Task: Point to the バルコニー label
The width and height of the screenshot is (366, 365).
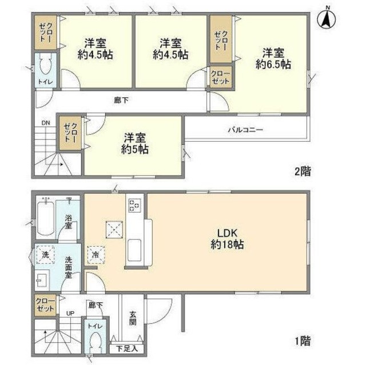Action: point(245,130)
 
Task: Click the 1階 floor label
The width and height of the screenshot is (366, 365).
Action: point(303,341)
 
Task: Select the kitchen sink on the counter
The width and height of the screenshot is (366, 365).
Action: point(135,250)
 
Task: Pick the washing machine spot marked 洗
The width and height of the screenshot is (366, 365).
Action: point(44,255)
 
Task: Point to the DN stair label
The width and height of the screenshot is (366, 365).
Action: point(45,122)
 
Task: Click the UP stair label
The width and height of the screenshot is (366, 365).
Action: point(70,314)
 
